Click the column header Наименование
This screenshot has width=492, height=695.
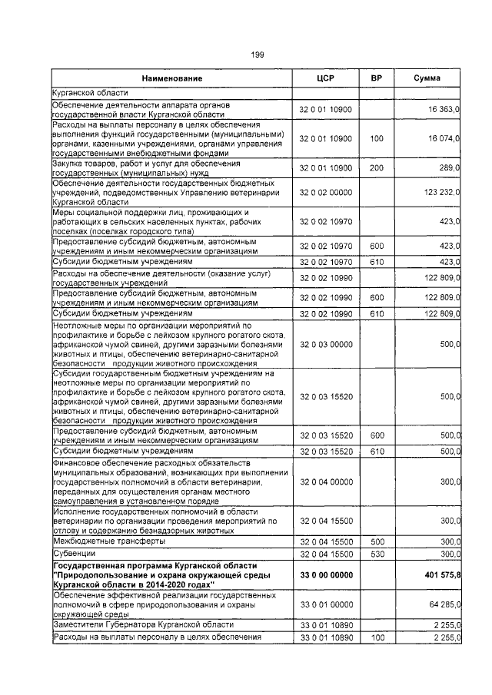click(x=171, y=79)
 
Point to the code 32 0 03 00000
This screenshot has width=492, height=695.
click(x=325, y=345)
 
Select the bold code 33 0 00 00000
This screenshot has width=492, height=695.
click(x=325, y=574)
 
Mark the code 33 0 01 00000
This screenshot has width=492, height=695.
click(x=325, y=603)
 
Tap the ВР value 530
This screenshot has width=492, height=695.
click(x=376, y=553)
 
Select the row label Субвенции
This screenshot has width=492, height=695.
click(x=71, y=553)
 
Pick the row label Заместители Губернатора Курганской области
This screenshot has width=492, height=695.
click(x=138, y=624)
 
